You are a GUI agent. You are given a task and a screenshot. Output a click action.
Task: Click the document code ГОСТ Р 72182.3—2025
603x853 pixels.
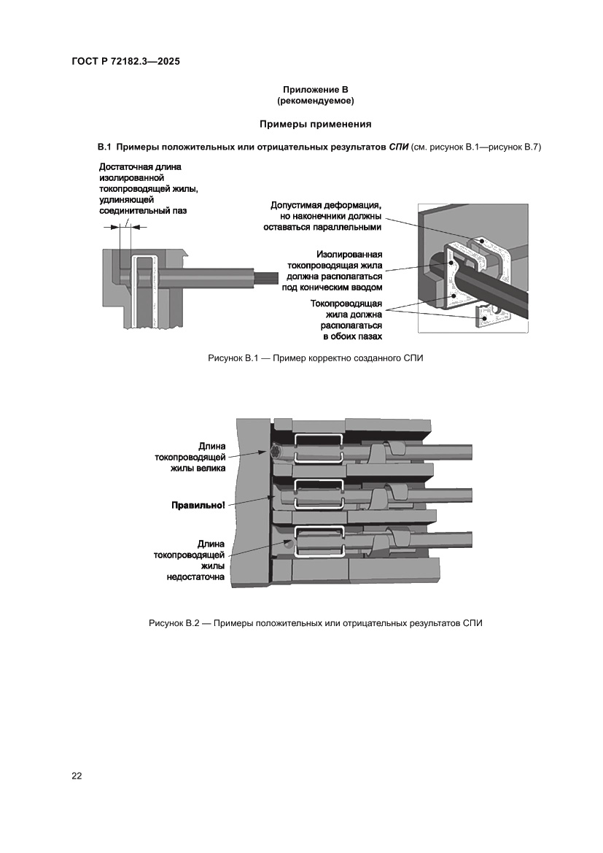coord(125,61)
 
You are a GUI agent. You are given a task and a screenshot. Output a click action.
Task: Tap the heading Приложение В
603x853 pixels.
coord(315,89)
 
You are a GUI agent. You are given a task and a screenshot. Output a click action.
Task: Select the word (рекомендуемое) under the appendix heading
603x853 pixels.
coord(315,100)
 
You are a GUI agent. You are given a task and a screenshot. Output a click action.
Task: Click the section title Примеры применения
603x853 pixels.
coord(315,124)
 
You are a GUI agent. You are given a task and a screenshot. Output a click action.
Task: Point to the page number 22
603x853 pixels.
coord(77,776)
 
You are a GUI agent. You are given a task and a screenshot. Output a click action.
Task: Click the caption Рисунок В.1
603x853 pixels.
coord(315,358)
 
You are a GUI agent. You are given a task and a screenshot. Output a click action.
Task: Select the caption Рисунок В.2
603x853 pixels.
coord(315,623)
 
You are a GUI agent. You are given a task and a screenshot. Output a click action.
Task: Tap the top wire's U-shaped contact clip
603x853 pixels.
coord(318,447)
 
